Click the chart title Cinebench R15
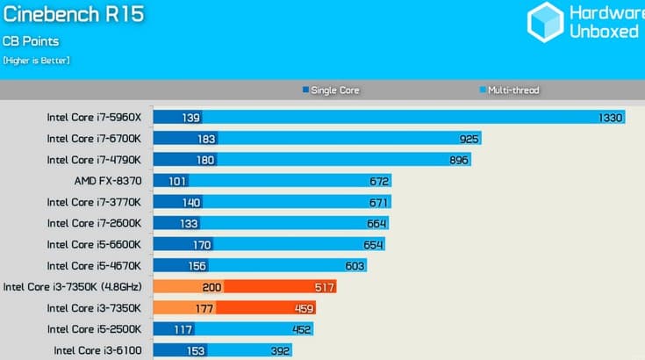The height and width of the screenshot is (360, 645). pyautogui.click(x=74, y=14)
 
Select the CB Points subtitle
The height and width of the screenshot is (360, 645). pyautogui.click(x=31, y=41)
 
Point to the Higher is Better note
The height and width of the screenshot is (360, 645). pyautogui.click(x=36, y=61)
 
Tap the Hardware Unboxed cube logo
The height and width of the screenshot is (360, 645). pyautogui.click(x=546, y=22)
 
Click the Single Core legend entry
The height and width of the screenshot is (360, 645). pyautogui.click(x=331, y=90)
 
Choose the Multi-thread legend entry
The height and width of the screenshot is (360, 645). pyautogui.click(x=509, y=90)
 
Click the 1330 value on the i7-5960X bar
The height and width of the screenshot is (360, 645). pyautogui.click(x=611, y=118)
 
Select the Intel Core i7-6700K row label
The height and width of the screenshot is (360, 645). pyautogui.click(x=94, y=139)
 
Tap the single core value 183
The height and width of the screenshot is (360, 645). pyautogui.click(x=206, y=139)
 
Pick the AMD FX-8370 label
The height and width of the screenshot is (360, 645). pyautogui.click(x=108, y=181)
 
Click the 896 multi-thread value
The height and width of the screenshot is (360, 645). pyautogui.click(x=459, y=160)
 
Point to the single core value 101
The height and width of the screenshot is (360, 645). pyautogui.click(x=177, y=181)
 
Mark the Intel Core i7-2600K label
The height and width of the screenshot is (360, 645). pyautogui.click(x=94, y=223)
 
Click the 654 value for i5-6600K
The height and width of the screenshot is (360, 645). pyautogui.click(x=373, y=245)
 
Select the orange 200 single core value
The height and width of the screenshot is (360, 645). pyautogui.click(x=211, y=287)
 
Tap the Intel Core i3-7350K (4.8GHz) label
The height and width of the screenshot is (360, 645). pyautogui.click(x=72, y=287)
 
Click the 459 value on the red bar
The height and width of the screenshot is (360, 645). pyautogui.click(x=304, y=308)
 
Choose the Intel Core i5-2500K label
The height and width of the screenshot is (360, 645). pyautogui.click(x=94, y=329)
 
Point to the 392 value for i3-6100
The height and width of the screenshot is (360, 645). pyautogui.click(x=280, y=351)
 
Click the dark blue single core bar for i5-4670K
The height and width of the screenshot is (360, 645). pyautogui.click(x=181, y=266)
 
